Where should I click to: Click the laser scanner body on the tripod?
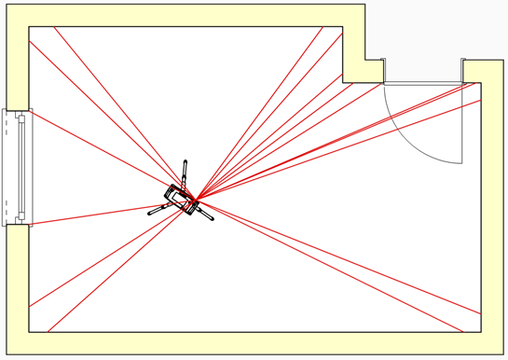179,199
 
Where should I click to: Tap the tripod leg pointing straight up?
185,172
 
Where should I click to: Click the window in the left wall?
19,168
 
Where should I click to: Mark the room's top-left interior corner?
29,27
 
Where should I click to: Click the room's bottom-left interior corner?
29,332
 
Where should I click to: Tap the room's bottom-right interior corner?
482,332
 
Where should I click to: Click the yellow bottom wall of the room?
252,344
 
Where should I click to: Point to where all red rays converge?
196,200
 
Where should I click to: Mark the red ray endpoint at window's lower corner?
31,224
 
